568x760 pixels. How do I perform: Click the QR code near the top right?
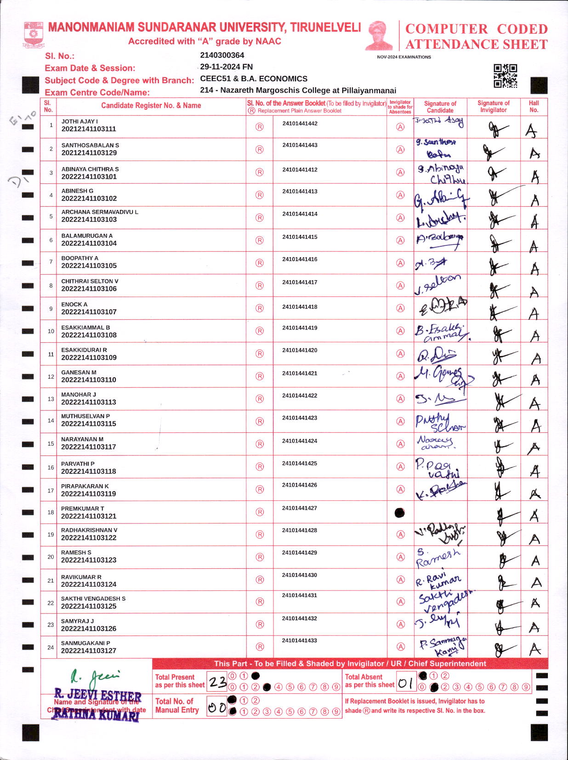pos(505,76)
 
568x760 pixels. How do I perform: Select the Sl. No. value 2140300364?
pos(222,55)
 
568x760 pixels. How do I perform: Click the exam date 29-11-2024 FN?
pos(226,67)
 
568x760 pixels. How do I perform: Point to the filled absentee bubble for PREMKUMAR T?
pos(400,513)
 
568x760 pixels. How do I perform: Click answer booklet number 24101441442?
pos(300,124)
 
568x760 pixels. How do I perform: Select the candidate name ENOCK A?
pos(74,304)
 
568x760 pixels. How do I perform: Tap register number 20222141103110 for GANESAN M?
pos(89,380)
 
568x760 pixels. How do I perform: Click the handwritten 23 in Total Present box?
pos(217,682)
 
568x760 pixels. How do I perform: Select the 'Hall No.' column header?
pos(534,107)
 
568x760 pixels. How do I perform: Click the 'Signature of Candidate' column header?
pos(440,107)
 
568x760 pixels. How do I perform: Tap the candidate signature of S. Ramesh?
pos(438,557)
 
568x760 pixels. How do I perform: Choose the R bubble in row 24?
pos(260,647)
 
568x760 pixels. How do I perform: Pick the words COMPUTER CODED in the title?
pos(476,29)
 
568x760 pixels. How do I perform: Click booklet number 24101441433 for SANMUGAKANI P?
pos(300,641)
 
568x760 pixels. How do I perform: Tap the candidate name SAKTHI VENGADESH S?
pos(93,599)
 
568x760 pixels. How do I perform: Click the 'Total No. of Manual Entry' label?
pos(177,706)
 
